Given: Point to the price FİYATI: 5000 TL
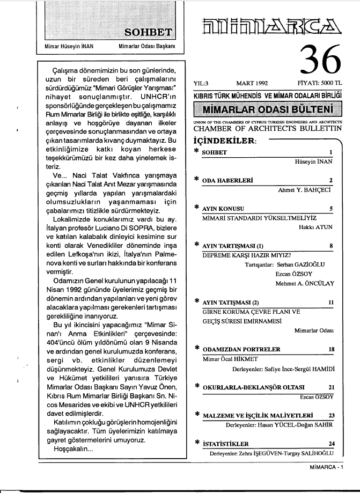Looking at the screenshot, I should point(320,84).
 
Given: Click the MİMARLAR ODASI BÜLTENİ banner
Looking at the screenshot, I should point(266,110).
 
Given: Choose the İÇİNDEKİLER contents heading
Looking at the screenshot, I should point(223,141).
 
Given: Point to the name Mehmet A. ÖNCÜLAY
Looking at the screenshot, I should point(304,282).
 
